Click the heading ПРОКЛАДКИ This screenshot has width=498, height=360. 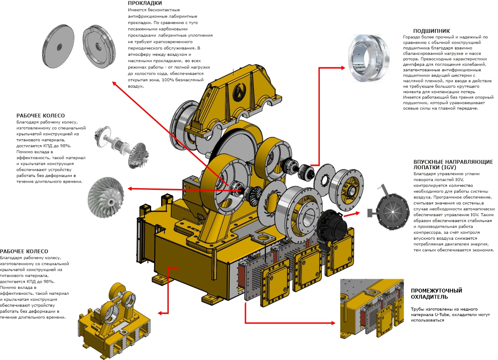(x=145, y=3)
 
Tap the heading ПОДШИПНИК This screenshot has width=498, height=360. (x=431, y=31)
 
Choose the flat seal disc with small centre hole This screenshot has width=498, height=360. (x=58, y=46)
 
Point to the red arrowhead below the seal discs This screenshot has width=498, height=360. (x=114, y=83)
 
